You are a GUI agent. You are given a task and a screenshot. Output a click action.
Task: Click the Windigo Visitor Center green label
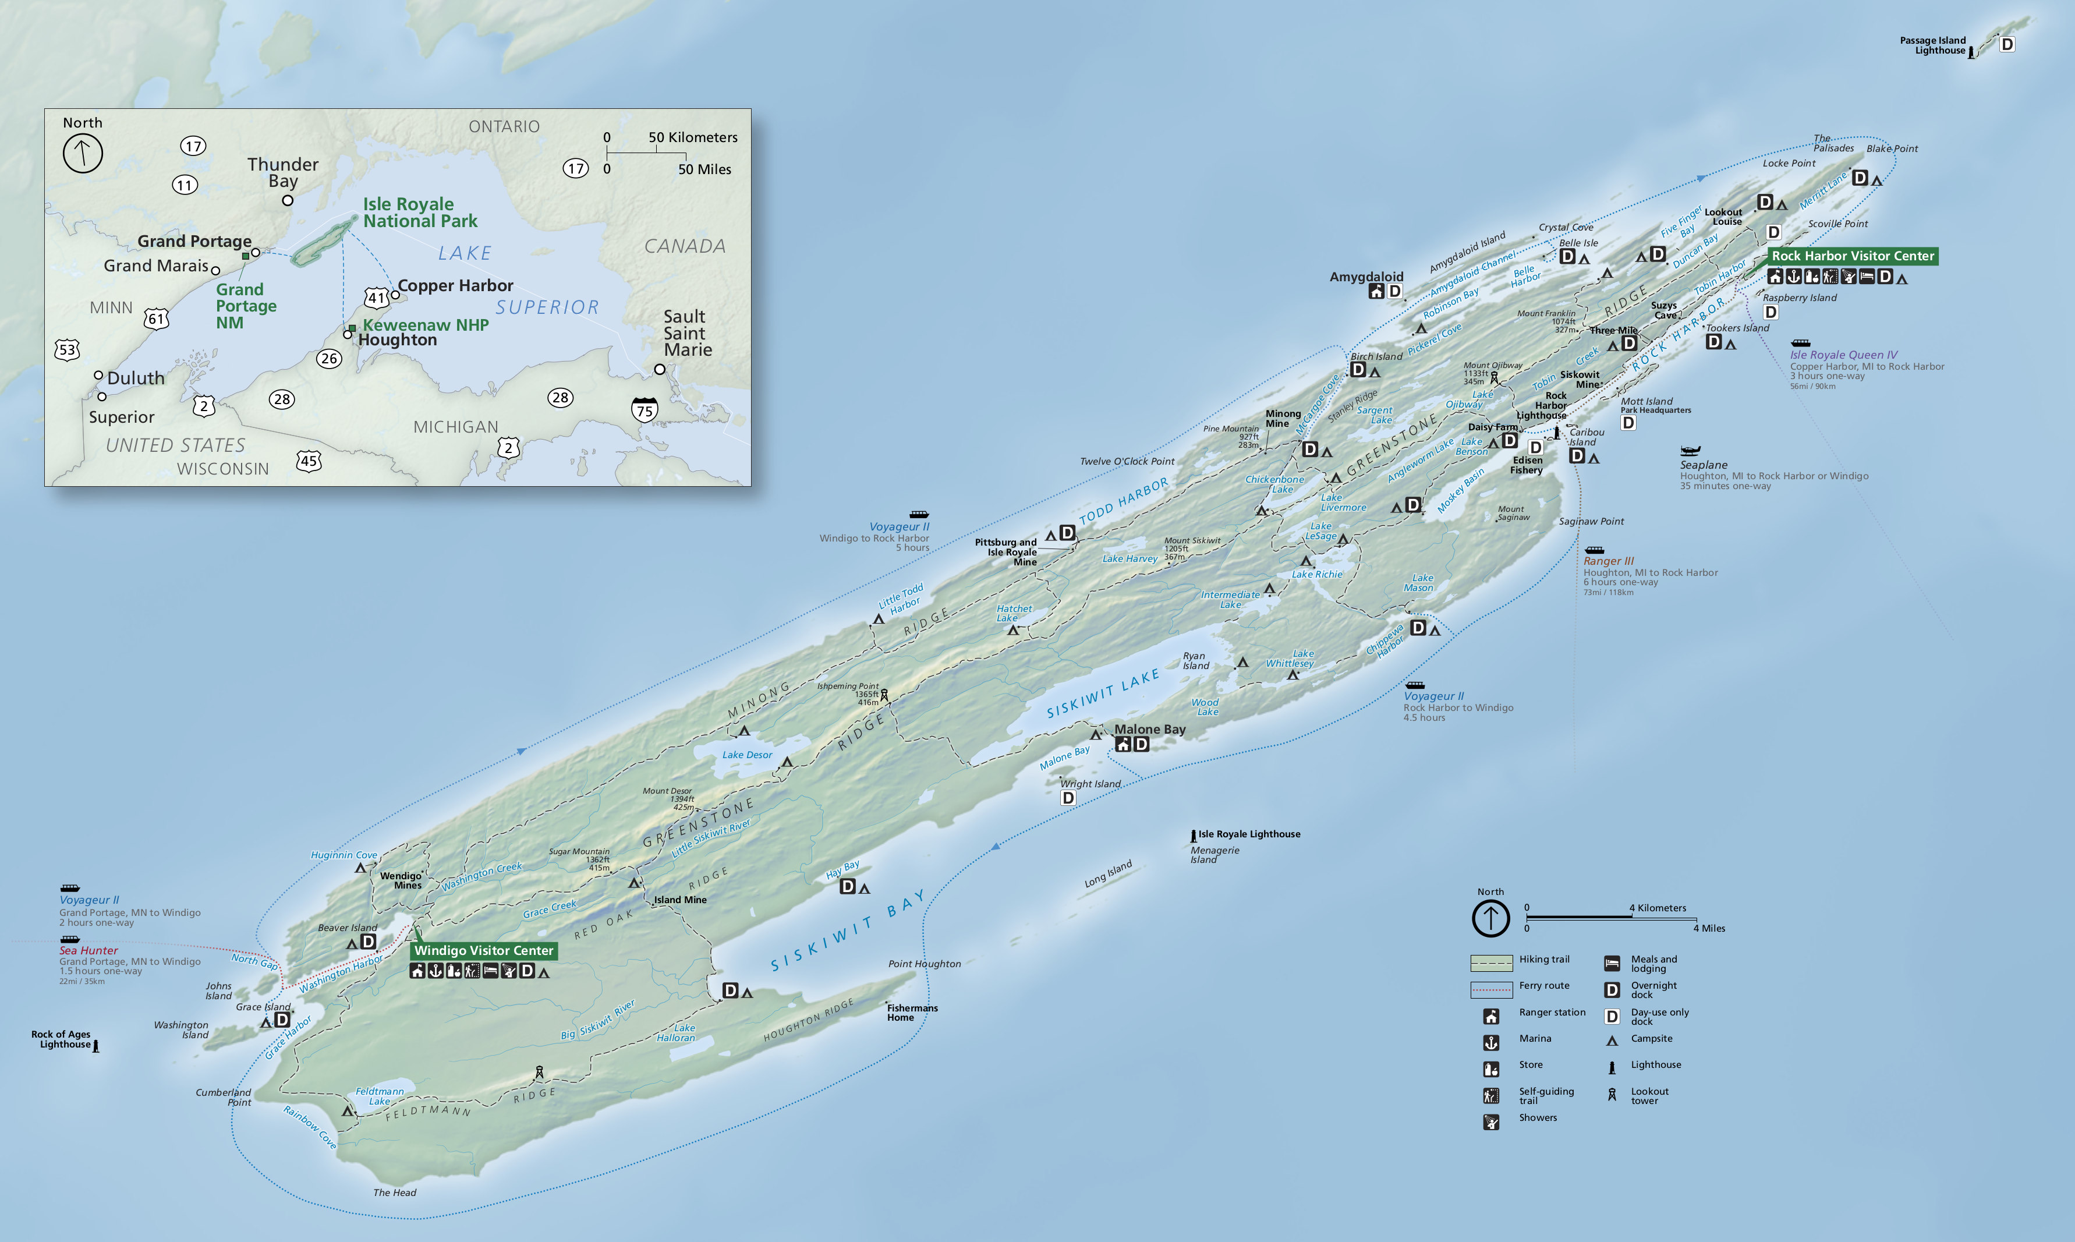pyautogui.click(x=484, y=950)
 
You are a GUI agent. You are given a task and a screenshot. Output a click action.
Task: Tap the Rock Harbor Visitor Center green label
pyautogui.click(x=1853, y=256)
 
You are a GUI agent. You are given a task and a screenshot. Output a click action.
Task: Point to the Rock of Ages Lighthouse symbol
pyautogui.click(x=95, y=1045)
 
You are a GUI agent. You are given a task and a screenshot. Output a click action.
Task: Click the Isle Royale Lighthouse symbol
pyautogui.click(x=1193, y=835)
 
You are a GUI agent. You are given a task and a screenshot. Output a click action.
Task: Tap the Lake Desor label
pyautogui.click(x=747, y=755)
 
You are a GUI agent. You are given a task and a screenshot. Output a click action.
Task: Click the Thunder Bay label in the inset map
pyautogui.click(x=283, y=172)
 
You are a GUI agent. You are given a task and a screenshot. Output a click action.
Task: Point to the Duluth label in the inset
pyautogui.click(x=136, y=378)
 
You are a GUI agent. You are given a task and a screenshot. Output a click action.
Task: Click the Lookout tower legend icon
pyautogui.click(x=1612, y=1095)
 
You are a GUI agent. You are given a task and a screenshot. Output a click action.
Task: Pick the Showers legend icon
pyautogui.click(x=1491, y=1121)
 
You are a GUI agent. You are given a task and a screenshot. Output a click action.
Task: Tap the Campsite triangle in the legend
pyautogui.click(x=1612, y=1041)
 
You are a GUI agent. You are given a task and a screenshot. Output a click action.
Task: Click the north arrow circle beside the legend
pyautogui.click(x=1490, y=918)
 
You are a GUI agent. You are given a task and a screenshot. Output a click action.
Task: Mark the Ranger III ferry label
pyautogui.click(x=1608, y=561)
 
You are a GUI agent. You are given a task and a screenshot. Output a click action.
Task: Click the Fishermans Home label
pyautogui.click(x=912, y=1013)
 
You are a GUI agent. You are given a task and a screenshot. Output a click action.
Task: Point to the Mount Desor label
pyautogui.click(x=668, y=791)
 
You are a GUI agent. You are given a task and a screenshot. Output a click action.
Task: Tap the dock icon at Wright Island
pyautogui.click(x=1068, y=798)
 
